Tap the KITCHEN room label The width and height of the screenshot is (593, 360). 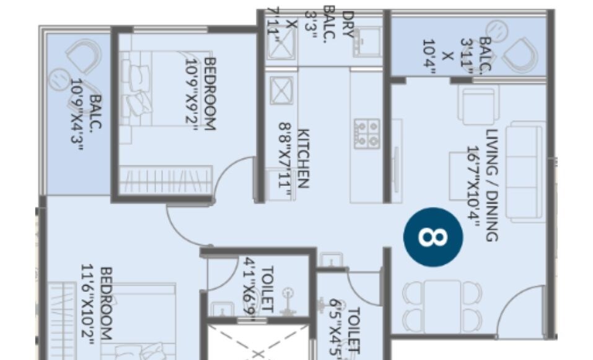pos(303,158)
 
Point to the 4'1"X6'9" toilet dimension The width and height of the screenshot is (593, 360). pos(251,286)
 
